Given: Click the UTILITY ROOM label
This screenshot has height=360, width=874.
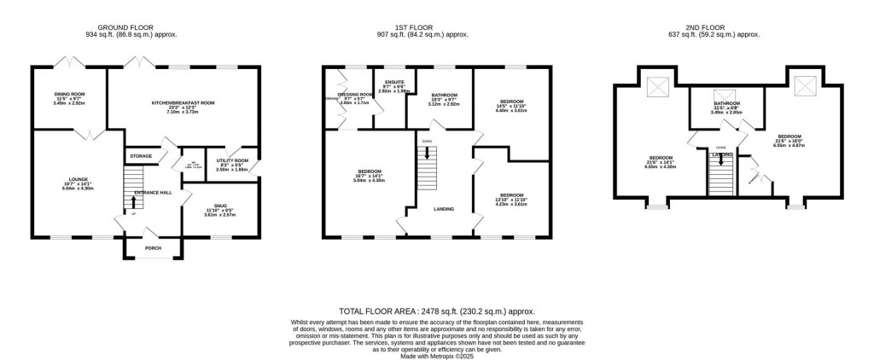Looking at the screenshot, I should pos(231,160).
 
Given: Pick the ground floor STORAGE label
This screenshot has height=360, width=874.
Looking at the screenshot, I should pos(141,156).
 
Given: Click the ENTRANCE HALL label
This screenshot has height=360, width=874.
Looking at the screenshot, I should pos(154,193).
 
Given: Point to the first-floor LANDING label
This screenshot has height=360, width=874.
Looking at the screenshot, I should pos(444,208).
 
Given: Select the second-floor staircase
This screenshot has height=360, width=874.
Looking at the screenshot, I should pos(721,175).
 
